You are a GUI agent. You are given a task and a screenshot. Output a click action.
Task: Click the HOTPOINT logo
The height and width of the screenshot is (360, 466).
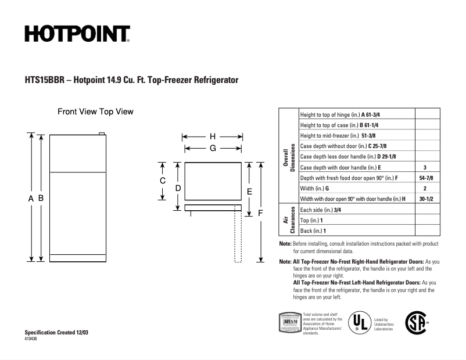pos(77,34)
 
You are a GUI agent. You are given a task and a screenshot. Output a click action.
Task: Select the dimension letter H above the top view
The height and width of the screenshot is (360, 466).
pos(213,136)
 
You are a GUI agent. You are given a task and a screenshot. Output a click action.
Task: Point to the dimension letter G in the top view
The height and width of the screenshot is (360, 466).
pos(213,148)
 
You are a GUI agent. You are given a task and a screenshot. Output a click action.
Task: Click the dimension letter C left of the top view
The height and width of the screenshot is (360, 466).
pos(163,181)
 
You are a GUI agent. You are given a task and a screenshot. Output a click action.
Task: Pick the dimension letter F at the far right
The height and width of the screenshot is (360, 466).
pos(260,213)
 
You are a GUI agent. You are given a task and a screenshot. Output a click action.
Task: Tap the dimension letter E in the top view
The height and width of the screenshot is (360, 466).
pos(249,190)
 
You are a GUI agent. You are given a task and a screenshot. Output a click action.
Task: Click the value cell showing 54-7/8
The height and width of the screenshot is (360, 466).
pos(425,178)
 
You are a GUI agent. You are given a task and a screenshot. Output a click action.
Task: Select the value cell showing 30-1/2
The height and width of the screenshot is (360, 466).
pos(425,199)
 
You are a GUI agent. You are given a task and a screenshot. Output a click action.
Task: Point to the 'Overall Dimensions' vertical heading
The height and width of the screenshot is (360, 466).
pos(289,156)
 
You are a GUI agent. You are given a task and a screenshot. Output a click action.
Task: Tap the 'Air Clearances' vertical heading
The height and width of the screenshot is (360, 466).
pos(289,220)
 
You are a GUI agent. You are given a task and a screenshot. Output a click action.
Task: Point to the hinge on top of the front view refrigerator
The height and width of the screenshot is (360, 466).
pos(102,134)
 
